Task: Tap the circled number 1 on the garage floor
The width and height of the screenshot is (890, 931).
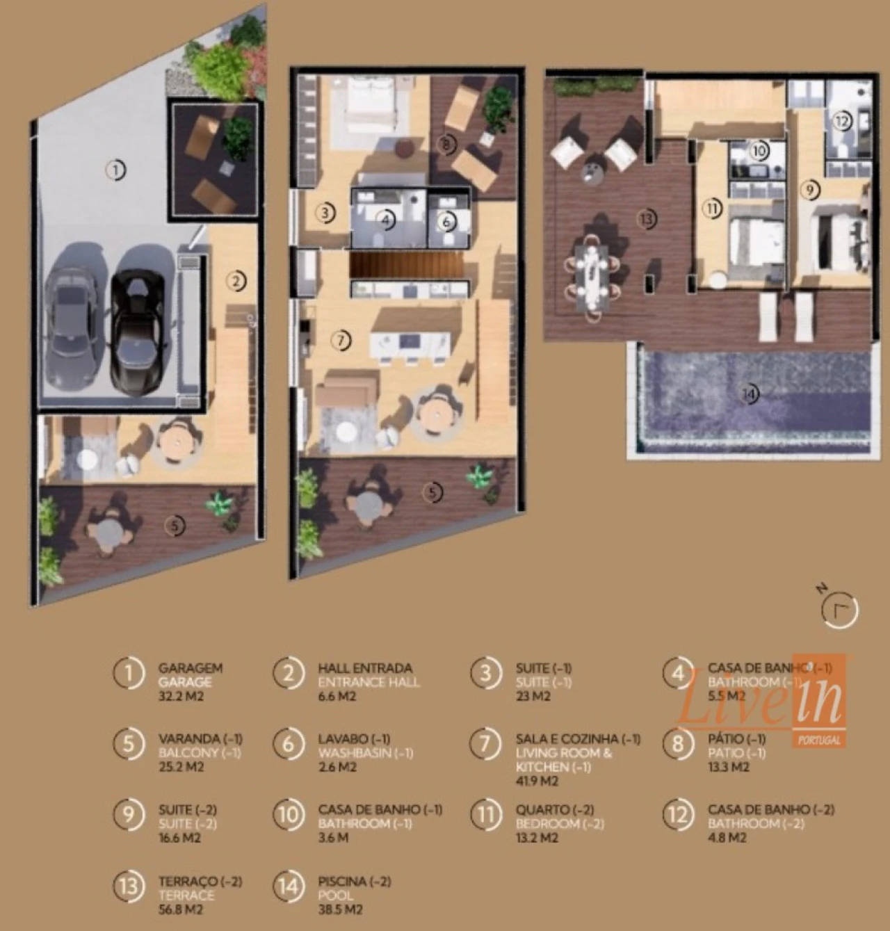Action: pos(115,170)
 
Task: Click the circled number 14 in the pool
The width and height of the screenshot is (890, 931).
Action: pos(748,394)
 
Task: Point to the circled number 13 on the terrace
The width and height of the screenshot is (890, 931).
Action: pos(647,219)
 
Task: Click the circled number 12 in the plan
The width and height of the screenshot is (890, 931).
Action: pos(841,121)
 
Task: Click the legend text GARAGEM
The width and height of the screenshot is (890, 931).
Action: pos(190,668)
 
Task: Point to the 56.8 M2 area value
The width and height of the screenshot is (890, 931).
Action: pos(181,909)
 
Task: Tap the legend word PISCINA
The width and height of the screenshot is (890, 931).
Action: pos(342,881)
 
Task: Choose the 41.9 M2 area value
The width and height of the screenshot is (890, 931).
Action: pos(537,781)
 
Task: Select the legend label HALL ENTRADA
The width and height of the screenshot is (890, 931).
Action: pos(365,668)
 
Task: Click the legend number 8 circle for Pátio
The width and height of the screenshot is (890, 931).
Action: pos(678,743)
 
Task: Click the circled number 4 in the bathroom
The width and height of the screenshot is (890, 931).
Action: pos(387,220)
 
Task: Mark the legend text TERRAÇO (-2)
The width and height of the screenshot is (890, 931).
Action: pos(200,881)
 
